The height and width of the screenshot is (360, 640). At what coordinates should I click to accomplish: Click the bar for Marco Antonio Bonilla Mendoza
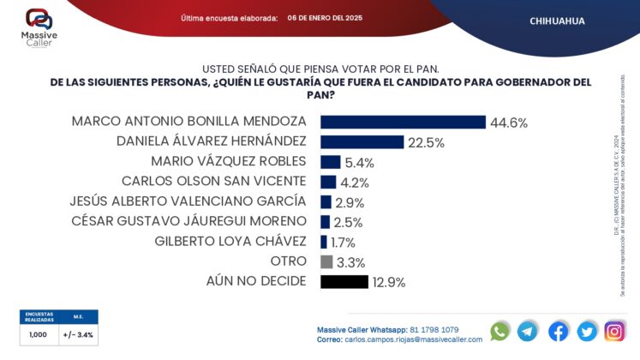(x=403, y=123)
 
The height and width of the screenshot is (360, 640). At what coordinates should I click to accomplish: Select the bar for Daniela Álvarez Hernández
(x=361, y=142)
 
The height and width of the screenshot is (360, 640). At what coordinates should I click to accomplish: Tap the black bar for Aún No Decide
(x=344, y=282)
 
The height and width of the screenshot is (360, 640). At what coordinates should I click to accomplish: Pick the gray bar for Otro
(x=326, y=262)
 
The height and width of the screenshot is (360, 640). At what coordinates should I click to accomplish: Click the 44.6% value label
(x=508, y=123)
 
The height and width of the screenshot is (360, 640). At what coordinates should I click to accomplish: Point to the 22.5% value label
(x=426, y=143)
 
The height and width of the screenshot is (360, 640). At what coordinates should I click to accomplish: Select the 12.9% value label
(x=388, y=282)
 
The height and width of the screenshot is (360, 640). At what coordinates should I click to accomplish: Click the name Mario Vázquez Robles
(x=228, y=161)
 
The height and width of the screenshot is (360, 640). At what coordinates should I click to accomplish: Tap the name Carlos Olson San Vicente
(x=213, y=181)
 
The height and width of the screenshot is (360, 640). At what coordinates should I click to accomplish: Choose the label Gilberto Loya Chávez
(x=230, y=241)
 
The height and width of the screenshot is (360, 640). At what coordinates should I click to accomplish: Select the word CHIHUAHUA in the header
(x=558, y=21)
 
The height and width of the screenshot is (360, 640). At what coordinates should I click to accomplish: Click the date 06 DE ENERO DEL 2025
(x=325, y=18)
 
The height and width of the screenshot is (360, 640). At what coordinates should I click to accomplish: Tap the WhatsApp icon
(x=500, y=331)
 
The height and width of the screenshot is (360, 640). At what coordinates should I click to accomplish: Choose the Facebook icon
(x=558, y=331)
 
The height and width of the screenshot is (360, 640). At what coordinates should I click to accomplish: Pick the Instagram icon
(x=614, y=331)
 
